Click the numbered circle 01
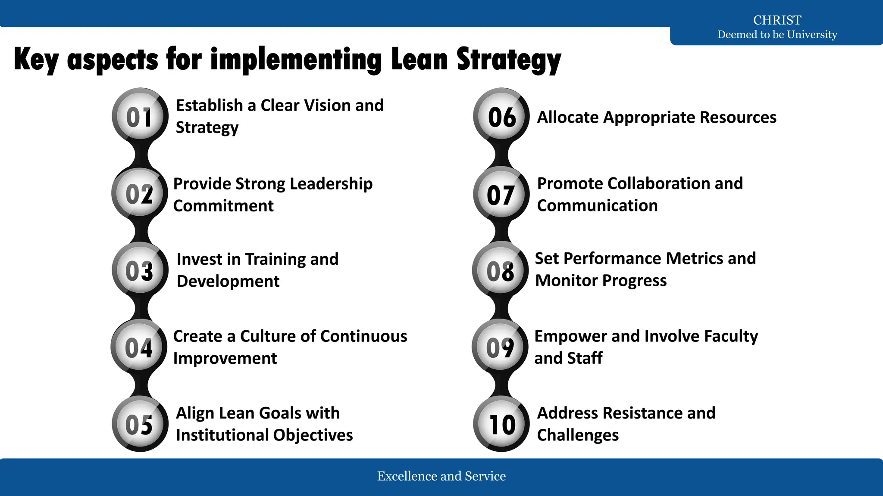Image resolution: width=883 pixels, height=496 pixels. (x=140, y=116)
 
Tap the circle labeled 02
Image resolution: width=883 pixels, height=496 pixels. (x=139, y=194)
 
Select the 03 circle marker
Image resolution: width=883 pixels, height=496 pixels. (x=140, y=270)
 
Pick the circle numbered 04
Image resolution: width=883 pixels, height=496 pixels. (x=139, y=347)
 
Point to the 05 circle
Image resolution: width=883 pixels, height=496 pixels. (x=140, y=424)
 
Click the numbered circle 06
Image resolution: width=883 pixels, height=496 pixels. (x=501, y=117)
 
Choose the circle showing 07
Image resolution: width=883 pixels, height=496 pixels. (x=501, y=195)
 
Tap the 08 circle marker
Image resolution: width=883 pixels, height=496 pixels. (x=501, y=271)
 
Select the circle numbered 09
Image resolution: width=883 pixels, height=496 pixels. (x=500, y=347)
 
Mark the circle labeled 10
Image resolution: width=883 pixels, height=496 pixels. (x=501, y=424)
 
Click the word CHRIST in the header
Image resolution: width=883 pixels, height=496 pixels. (x=777, y=20)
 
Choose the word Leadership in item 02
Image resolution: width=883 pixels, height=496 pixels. (x=331, y=184)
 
